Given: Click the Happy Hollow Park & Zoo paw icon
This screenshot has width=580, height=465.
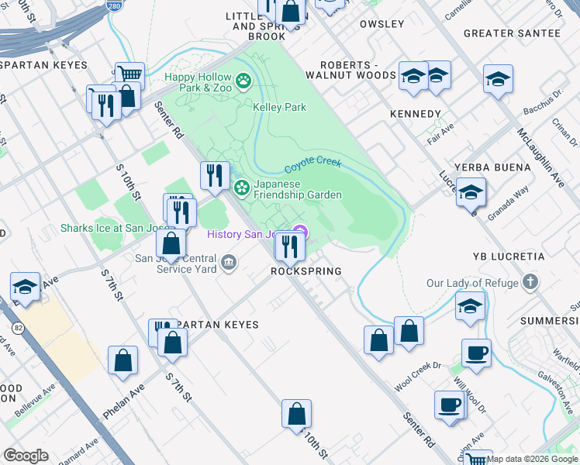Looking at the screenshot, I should pyautogui.click(x=243, y=80).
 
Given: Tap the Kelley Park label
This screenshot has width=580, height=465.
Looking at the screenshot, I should pyautogui.click(x=279, y=108).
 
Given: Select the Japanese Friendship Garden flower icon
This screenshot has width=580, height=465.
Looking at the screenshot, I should pyautogui.click(x=242, y=187).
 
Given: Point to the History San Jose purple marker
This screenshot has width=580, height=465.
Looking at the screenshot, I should pyautogui.click(x=300, y=232).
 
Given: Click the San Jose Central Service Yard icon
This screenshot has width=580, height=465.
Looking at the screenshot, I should pyautogui.click(x=228, y=263).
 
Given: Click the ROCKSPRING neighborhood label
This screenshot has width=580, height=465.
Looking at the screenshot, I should pyautogui.click(x=306, y=272).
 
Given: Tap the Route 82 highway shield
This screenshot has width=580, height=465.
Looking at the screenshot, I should pyautogui.click(x=19, y=327).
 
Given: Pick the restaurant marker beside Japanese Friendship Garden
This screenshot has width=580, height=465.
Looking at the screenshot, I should pyautogui.click(x=214, y=175).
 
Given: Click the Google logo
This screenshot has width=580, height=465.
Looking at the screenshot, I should pyautogui.click(x=26, y=455).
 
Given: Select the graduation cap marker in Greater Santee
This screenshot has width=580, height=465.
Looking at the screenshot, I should pyautogui.click(x=498, y=78).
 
